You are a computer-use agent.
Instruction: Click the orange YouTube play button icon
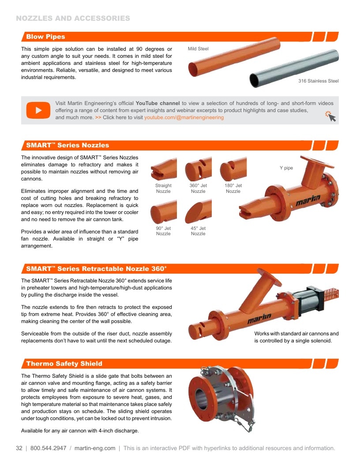pyautogui.click(x=38, y=110)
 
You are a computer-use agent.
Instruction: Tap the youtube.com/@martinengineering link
pyautogui.click(x=184, y=117)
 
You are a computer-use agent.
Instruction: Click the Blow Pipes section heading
pyautogui.click(x=45, y=37)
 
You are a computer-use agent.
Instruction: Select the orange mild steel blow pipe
pyautogui.click(x=234, y=57)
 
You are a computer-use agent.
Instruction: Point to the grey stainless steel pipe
pyautogui.click(x=294, y=68)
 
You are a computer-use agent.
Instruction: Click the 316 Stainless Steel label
pyautogui.click(x=319, y=81)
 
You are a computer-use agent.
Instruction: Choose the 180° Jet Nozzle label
pyautogui.click(x=233, y=188)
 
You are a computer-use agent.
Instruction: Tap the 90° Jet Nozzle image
pyautogui.click(x=164, y=212)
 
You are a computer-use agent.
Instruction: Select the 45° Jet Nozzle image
pyautogui.click(x=199, y=211)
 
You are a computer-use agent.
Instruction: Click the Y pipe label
pyautogui.click(x=286, y=168)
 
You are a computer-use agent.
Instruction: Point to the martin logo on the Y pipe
pyautogui.click(x=308, y=200)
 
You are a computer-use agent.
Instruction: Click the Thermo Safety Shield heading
pyautogui.click(x=64, y=364)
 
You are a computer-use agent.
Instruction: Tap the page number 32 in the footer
pyautogui.click(x=19, y=448)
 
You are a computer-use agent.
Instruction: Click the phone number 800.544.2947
pyautogui.click(x=48, y=448)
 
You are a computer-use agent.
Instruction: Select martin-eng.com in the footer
pyautogui.click(x=95, y=448)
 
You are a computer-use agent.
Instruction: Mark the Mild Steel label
pyautogui.click(x=198, y=49)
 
